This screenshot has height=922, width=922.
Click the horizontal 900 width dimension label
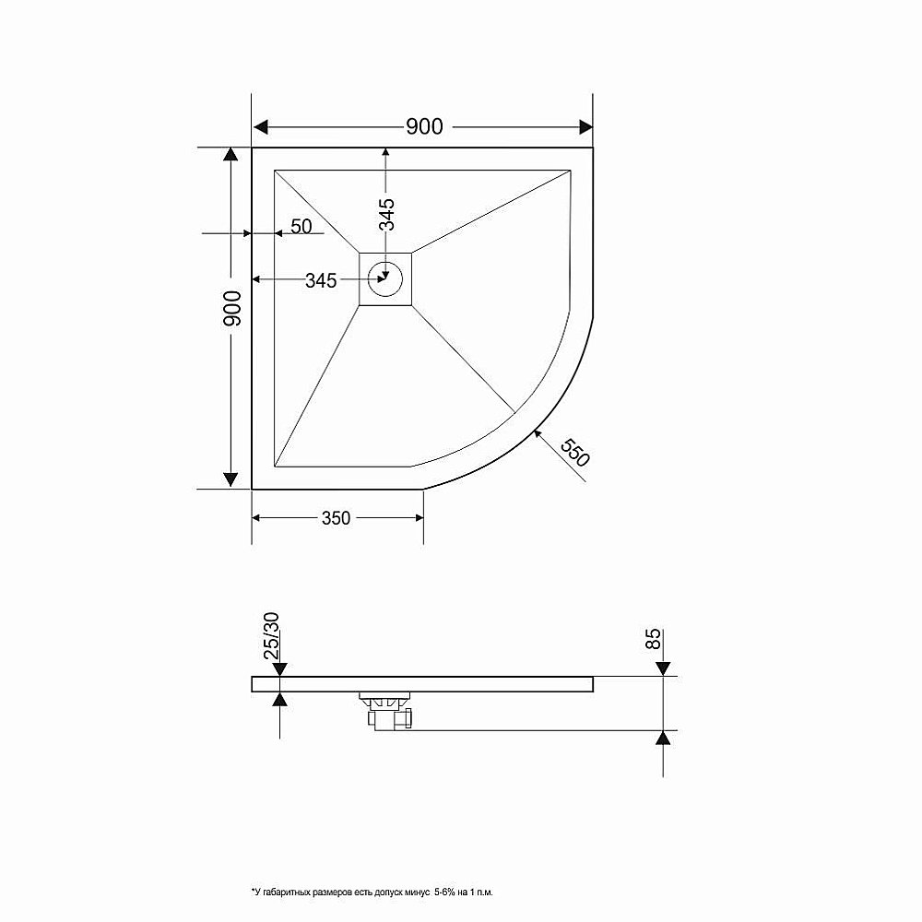(x=424, y=127)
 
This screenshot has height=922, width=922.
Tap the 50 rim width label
(x=301, y=226)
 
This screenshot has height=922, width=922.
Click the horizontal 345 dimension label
(x=321, y=281)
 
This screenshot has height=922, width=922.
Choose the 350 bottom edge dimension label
(x=336, y=518)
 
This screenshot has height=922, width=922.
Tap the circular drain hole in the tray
(x=385, y=276)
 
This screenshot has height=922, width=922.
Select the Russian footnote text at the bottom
(x=372, y=892)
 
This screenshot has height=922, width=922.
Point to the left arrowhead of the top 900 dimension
(x=261, y=127)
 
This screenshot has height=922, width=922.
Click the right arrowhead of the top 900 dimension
(x=584, y=127)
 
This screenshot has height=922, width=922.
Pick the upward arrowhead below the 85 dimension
(x=662, y=738)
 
